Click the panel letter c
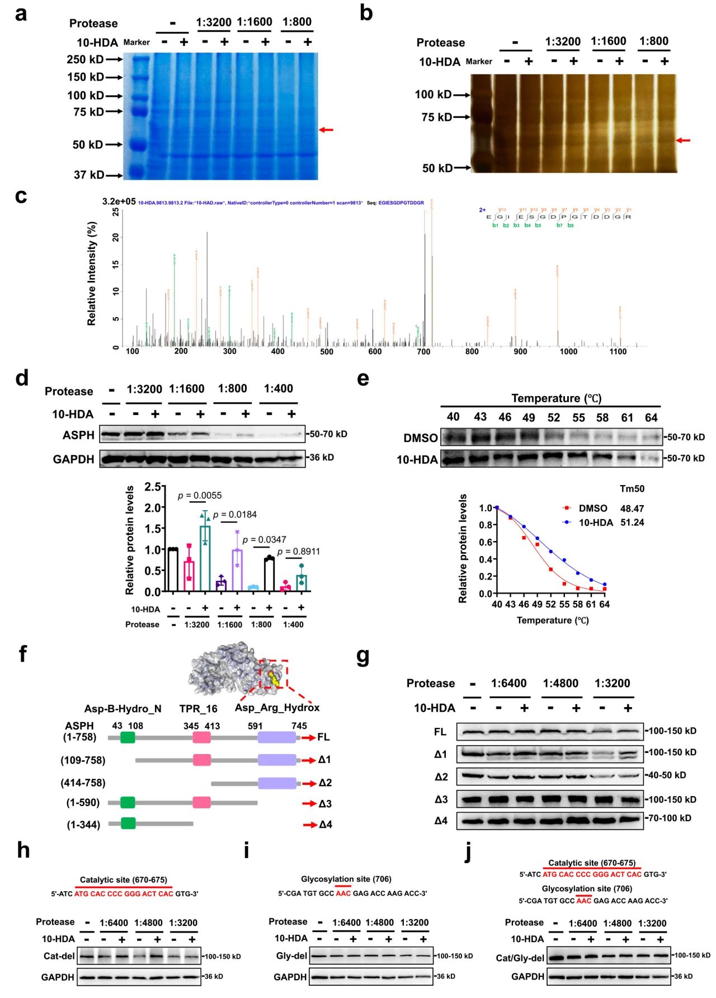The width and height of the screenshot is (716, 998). (21, 196)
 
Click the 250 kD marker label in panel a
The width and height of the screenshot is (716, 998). (85, 59)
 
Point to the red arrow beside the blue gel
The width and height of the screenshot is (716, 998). (326, 130)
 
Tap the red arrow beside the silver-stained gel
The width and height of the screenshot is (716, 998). (683, 140)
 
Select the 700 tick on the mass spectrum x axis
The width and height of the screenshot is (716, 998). (423, 351)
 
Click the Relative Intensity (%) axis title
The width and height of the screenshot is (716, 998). (92, 273)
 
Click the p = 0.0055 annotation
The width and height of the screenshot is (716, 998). (200, 496)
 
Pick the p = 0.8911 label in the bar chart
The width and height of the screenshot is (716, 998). (299, 552)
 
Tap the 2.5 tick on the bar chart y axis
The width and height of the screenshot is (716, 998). (152, 487)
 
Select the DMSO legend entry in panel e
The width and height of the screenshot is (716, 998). (592, 508)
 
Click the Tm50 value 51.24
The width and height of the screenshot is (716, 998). (632, 522)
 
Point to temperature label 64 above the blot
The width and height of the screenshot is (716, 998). (651, 417)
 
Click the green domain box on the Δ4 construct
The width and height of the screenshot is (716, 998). (128, 823)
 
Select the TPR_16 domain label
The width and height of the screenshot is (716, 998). (198, 709)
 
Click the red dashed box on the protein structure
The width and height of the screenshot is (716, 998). (274, 675)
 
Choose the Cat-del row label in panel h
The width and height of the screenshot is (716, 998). (59, 956)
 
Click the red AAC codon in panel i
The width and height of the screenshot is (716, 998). (343, 893)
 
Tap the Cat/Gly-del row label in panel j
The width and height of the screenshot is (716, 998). (520, 958)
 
